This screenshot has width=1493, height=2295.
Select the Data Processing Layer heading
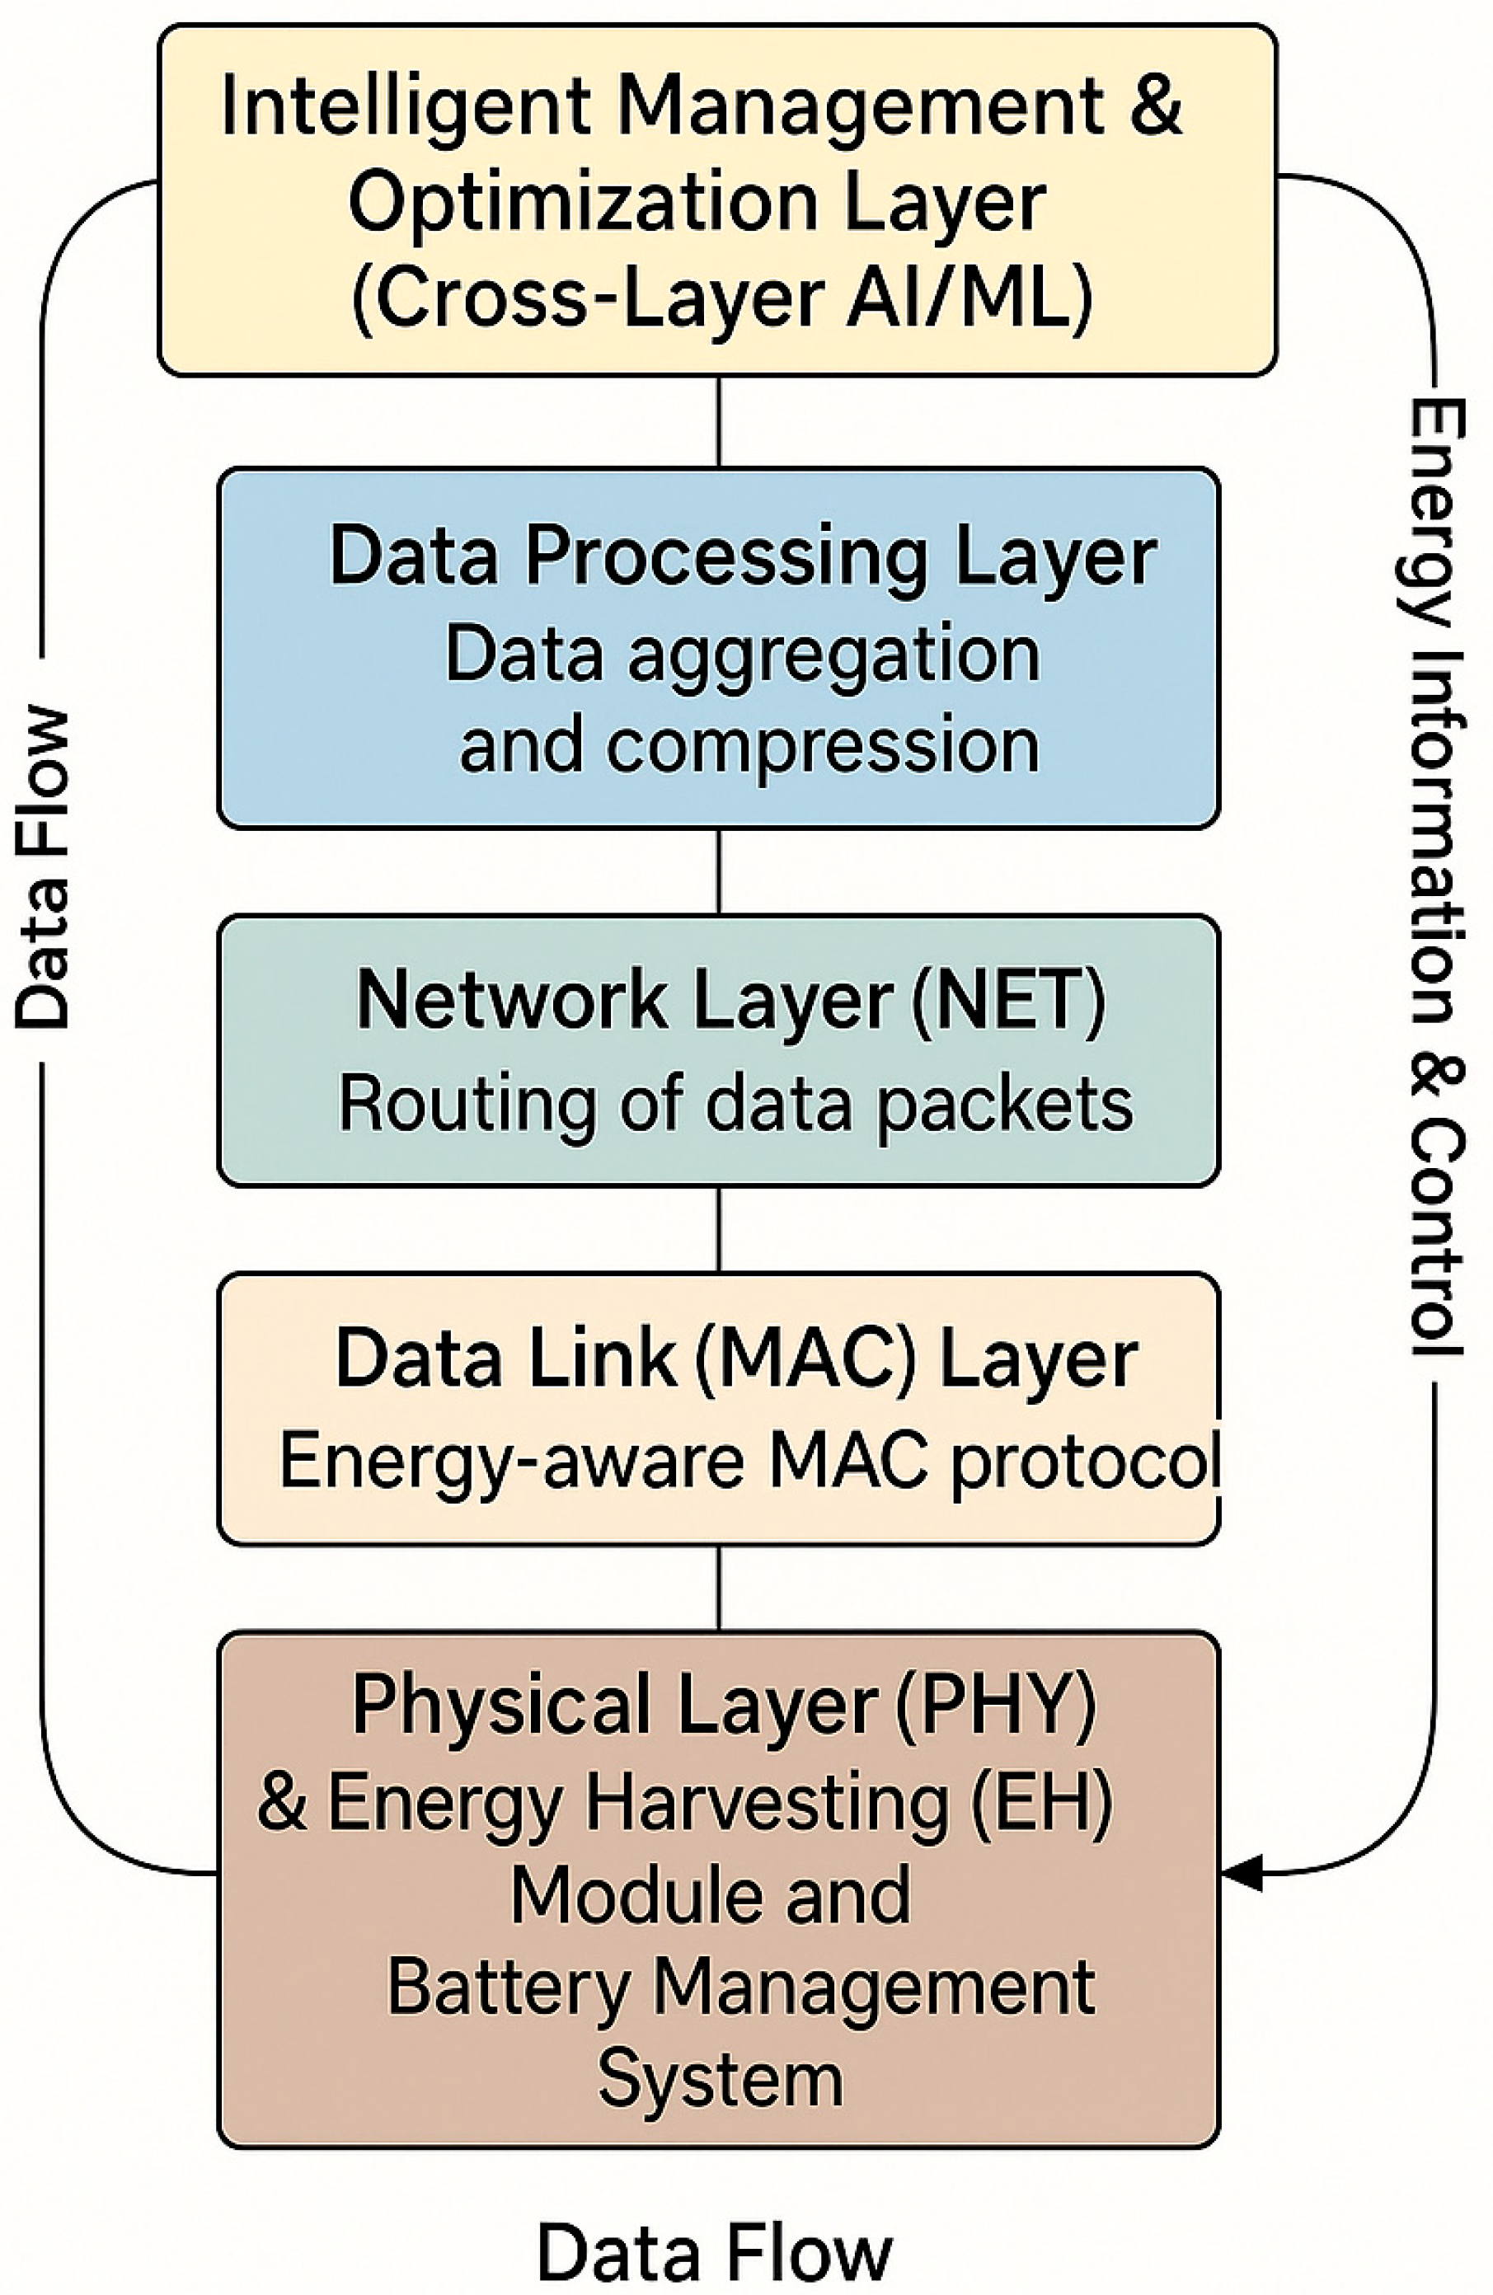point(743,556)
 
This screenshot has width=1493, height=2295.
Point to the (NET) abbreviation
point(1009,1000)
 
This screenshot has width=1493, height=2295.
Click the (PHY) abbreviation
point(995,1705)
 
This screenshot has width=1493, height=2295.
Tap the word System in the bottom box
point(721,2080)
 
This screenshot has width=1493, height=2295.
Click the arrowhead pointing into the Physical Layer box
point(1242,1873)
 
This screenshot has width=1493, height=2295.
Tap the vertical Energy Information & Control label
point(1437,877)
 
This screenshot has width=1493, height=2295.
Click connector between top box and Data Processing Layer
point(719,422)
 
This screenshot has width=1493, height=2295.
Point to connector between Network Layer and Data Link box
point(719,1229)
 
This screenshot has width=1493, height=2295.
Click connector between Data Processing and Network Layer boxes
point(719,871)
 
